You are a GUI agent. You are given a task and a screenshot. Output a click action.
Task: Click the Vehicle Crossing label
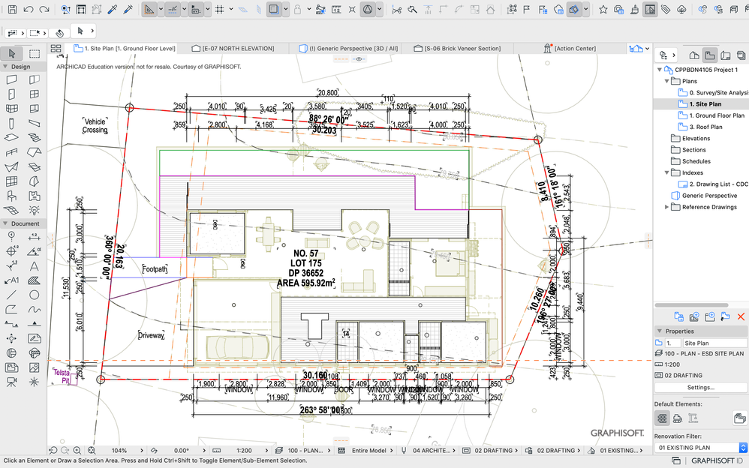(95, 125)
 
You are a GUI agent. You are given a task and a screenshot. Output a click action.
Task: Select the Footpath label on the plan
(155, 268)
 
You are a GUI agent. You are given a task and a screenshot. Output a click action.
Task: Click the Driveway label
(151, 335)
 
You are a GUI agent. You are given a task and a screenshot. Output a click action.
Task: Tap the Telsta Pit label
(61, 376)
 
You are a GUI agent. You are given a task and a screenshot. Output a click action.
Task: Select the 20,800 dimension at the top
(327, 92)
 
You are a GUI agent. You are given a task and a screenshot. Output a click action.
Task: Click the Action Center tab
(574, 48)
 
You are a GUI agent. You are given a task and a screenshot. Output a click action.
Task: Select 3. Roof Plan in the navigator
(705, 127)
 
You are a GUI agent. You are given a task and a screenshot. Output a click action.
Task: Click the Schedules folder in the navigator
(696, 161)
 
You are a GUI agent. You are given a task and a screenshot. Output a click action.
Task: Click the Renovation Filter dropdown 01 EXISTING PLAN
(700, 448)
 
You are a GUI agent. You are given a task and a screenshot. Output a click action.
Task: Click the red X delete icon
(741, 317)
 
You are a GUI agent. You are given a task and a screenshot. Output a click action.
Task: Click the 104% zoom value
(119, 451)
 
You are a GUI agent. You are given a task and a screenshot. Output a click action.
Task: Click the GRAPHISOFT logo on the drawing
(617, 433)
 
